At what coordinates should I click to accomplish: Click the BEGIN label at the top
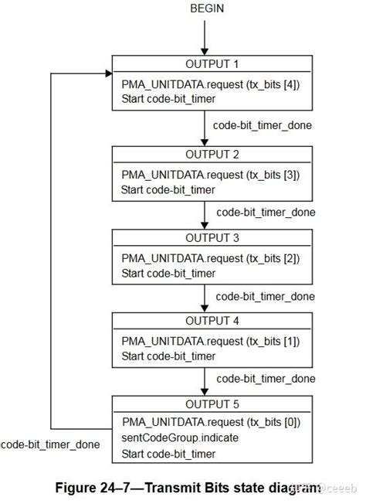pos(205,9)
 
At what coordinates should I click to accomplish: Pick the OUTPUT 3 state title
pos(212,238)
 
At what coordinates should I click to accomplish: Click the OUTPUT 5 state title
pos(212,404)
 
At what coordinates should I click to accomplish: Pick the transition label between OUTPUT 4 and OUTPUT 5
pos(266,378)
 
